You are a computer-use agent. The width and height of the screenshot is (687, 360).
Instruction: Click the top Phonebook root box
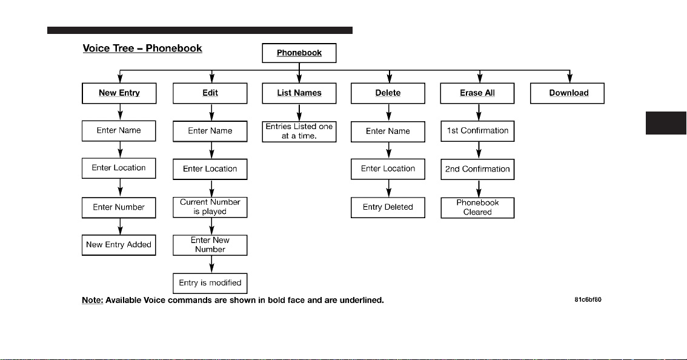299,53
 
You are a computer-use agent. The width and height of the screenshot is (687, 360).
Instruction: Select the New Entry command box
119,93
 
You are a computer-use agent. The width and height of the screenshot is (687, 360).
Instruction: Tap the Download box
568,93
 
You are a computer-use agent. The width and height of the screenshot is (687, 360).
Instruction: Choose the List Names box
299,93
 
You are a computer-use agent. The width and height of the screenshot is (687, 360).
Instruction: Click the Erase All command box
477,93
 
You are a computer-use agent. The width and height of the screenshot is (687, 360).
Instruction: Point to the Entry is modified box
210,283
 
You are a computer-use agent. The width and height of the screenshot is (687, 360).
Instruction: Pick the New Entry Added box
119,245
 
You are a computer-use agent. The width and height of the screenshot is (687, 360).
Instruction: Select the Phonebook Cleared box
477,208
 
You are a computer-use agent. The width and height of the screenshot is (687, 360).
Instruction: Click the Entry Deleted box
388,207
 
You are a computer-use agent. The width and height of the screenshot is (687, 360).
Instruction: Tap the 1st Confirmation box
477,131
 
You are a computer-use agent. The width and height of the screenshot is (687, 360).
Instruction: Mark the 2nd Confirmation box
477,169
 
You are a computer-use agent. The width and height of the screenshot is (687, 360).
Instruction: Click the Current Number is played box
210,207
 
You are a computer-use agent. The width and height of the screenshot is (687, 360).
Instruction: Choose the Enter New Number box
210,245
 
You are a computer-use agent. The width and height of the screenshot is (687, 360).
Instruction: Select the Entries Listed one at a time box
299,132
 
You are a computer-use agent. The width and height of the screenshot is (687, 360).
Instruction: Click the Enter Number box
119,207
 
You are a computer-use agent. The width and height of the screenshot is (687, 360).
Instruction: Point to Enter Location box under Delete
388,169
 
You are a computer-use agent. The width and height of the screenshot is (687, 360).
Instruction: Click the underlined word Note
93,301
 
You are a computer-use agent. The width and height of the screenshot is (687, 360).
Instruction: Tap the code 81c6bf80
588,300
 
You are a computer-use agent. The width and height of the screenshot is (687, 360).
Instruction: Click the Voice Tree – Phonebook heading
142,48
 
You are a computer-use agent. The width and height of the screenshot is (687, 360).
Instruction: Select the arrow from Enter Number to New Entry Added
120,227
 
